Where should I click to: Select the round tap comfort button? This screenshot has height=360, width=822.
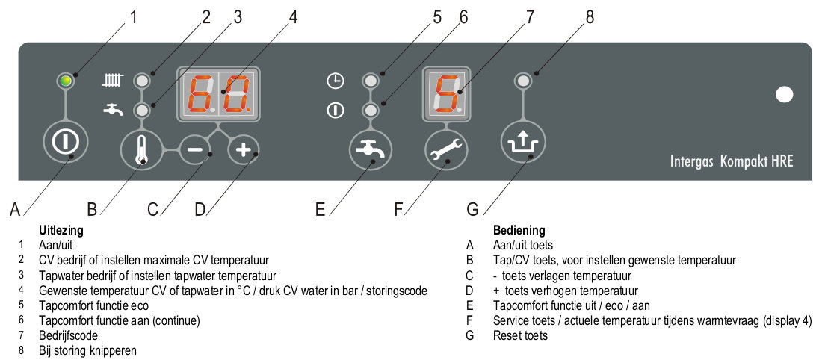[368, 150]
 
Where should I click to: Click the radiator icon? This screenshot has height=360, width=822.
[111, 79]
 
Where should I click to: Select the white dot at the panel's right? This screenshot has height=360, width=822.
[784, 94]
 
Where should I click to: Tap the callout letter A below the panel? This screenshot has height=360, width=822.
[15, 211]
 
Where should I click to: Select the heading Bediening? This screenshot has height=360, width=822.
[519, 231]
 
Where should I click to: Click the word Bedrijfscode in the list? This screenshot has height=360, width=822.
[68, 335]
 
